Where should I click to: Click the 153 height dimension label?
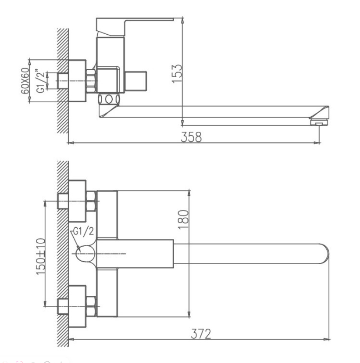coord(177,73)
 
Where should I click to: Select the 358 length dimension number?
coord(191,137)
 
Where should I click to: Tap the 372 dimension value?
coord(201,334)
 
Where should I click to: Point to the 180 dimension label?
coord(183,219)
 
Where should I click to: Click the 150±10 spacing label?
coord(41,256)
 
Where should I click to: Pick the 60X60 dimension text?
coord(25,81)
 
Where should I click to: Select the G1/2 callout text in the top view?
coord(83,231)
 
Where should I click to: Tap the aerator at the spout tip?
coord(319,122)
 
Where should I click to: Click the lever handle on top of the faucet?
coord(135,27)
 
